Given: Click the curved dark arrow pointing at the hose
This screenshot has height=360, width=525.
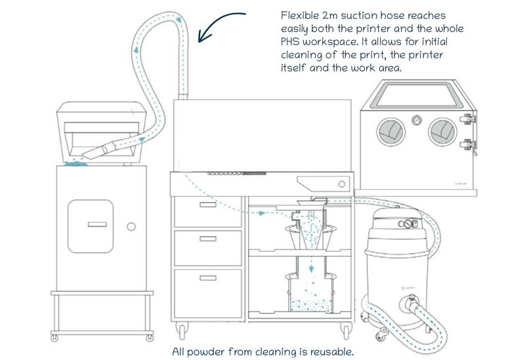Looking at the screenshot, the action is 215,22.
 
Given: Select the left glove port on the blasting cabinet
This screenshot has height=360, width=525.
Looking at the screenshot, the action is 390,132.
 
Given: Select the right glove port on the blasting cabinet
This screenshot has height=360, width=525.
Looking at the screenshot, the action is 442,132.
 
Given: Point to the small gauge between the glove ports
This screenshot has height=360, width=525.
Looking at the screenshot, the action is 417,120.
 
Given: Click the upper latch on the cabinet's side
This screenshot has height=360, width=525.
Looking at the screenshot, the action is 468,119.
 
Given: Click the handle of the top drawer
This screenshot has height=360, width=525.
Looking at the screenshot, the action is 208,205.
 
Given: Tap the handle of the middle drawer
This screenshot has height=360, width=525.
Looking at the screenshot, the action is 208,239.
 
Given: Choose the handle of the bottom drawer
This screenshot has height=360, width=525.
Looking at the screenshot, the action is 208,277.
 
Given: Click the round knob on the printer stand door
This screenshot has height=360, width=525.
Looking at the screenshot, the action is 131,227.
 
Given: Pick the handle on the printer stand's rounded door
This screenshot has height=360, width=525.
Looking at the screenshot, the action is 97,224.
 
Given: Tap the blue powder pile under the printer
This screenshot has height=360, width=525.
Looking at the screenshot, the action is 75,163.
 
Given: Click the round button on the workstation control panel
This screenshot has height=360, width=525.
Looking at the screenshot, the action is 342,184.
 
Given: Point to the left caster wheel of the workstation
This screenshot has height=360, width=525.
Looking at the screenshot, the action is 182,331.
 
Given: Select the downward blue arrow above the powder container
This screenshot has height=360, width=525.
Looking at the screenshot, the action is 311,264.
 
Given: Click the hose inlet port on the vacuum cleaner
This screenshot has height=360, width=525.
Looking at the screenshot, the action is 411,303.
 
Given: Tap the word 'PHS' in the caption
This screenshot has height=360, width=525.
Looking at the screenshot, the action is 290,42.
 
